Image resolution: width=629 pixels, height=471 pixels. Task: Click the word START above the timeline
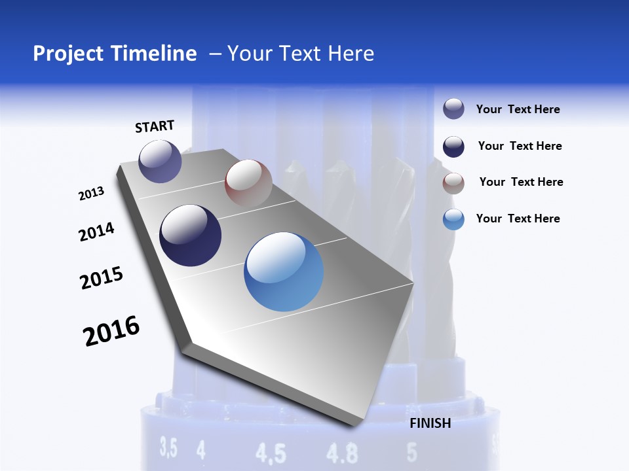pos(155,126)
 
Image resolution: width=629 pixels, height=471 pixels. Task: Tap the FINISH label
pos(430,423)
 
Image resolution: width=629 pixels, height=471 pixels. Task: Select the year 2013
pos(91,194)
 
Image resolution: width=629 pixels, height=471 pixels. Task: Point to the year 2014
pos(96,232)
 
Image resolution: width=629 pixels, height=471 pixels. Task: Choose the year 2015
pos(101,278)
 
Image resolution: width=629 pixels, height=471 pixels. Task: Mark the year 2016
pos(111,330)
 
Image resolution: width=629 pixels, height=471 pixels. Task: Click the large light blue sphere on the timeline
pos(284,271)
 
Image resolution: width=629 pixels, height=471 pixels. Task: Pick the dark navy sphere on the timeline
pos(190,235)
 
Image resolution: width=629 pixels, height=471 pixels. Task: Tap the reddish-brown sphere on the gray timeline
pos(248,183)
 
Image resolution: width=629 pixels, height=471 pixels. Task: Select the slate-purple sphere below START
pos(160,161)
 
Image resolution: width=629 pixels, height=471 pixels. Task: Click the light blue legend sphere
pos(453,219)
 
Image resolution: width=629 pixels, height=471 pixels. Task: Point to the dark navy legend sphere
pos(453,147)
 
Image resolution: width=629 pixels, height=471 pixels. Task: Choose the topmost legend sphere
pos(453,109)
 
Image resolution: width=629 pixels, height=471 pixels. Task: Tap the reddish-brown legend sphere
pos(453,183)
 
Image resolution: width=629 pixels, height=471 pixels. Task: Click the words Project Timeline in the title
pos(115,54)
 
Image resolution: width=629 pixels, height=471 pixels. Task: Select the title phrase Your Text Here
pos(301,54)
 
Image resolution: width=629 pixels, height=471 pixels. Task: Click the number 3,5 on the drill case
pos(168,449)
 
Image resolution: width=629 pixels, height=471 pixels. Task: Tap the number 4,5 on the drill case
pos(271,453)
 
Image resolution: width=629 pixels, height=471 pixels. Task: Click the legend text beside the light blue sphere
pos(518,218)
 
